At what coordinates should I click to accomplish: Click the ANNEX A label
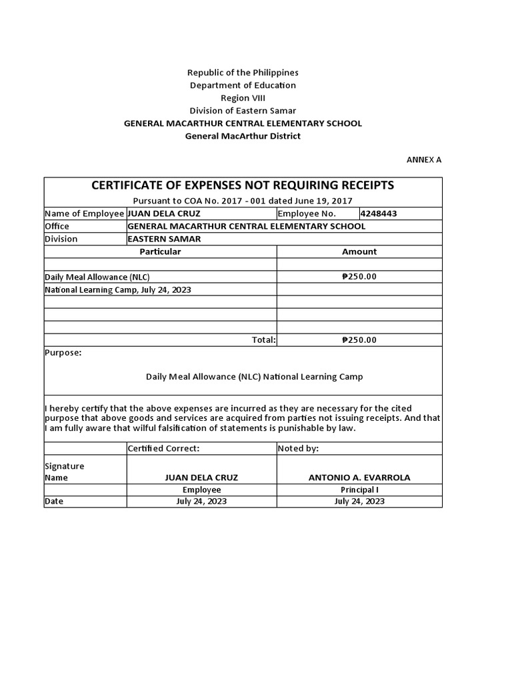click(424, 160)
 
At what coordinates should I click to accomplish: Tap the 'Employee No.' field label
click(307, 214)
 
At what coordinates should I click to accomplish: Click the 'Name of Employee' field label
click(84, 214)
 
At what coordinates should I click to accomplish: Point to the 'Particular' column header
click(160, 252)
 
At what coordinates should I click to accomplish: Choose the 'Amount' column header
click(359, 252)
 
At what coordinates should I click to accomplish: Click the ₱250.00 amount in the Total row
click(359, 340)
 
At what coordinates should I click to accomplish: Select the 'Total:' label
click(263, 340)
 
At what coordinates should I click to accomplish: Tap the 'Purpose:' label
click(63, 353)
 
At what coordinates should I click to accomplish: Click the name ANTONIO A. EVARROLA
click(359, 478)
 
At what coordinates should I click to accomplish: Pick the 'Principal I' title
click(359, 490)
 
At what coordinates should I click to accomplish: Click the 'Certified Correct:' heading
click(163, 449)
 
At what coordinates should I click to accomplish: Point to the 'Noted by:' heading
click(298, 449)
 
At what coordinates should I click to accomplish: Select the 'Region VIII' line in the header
click(243, 98)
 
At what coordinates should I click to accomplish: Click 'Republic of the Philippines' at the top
click(243, 73)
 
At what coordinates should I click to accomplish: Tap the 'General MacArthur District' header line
click(243, 136)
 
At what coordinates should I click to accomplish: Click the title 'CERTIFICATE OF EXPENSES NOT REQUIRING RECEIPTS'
click(243, 185)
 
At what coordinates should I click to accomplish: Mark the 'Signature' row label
click(64, 466)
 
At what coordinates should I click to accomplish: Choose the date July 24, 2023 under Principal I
click(359, 502)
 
